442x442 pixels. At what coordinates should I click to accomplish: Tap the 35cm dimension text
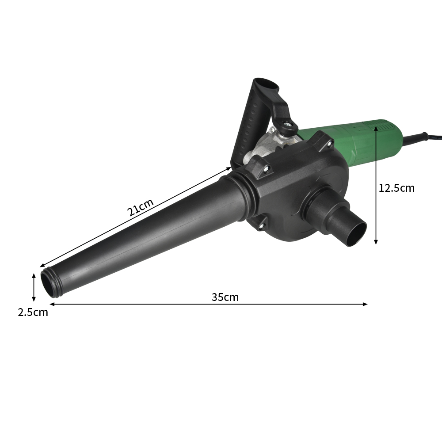(225, 297)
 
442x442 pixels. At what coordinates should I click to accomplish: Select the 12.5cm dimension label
(396, 188)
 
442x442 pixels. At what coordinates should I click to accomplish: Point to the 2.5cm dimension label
(33, 312)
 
